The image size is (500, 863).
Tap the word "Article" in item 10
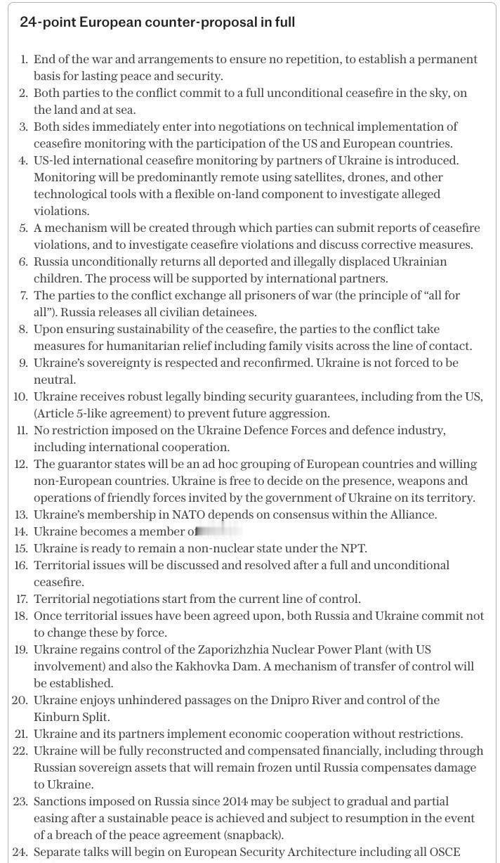pyautogui.click(x=57, y=413)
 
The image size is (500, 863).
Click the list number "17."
pyautogui.click(x=21, y=599)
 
